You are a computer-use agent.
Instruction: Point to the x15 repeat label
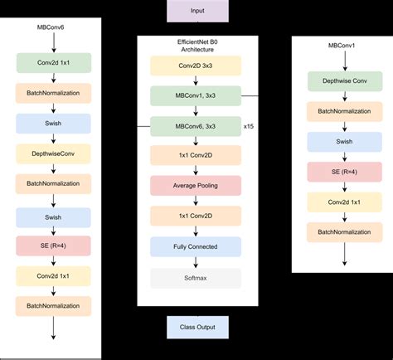[x=249, y=126]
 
